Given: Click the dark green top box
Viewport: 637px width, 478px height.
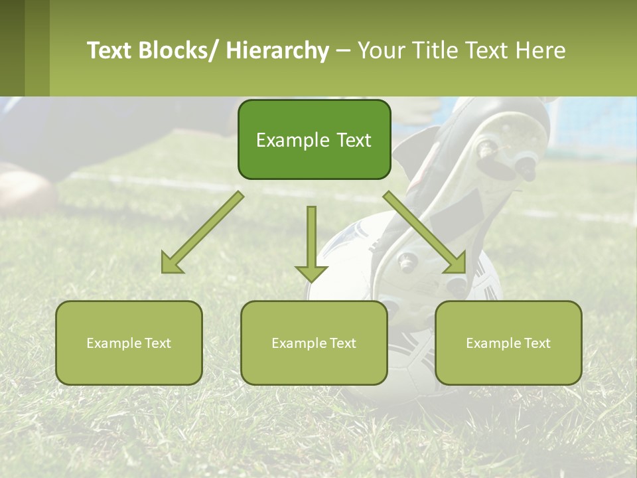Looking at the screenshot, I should tap(314, 140).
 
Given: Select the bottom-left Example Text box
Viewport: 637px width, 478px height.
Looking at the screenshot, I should tap(129, 343).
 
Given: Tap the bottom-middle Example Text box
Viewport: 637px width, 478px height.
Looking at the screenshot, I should tap(314, 343).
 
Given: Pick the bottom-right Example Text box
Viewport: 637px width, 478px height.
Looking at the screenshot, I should tap(508, 343).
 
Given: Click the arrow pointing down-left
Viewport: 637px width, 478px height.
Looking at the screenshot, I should tap(203, 232).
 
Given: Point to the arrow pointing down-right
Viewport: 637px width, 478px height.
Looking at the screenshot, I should tap(425, 232).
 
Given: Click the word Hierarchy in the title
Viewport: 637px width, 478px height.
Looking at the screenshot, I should tap(277, 51).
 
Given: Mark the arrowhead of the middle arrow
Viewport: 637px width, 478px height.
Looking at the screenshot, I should tap(311, 272).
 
